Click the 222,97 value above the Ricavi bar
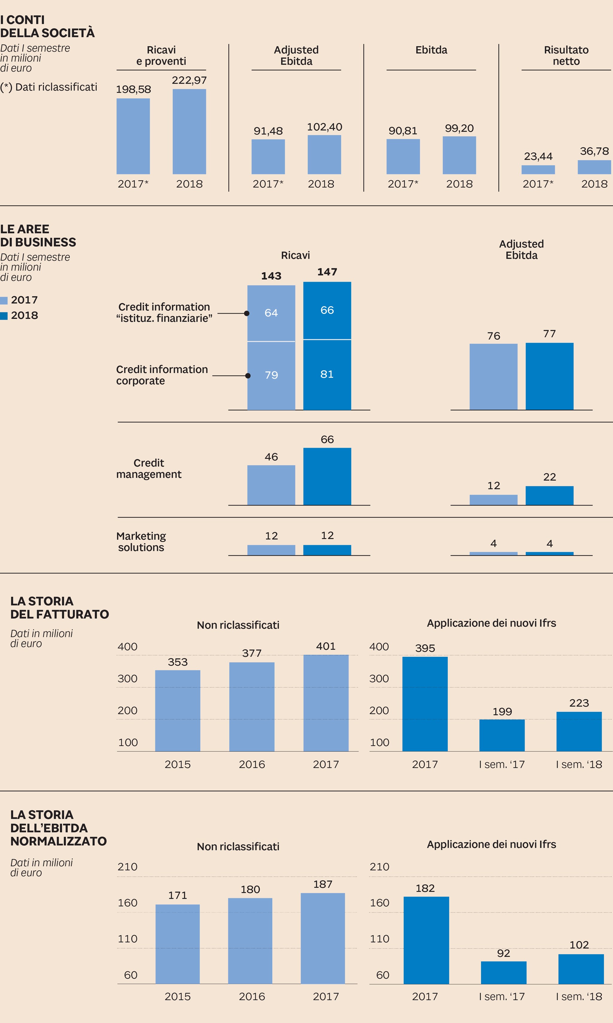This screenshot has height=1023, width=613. tap(189, 80)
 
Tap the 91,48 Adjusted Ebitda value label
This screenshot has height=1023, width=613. tap(268, 131)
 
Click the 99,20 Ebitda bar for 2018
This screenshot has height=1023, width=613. tap(459, 155)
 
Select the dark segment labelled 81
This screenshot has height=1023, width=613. tap(327, 374)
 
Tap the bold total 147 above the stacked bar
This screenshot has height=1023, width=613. tap(327, 272)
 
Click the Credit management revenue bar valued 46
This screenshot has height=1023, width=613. tap(271, 485)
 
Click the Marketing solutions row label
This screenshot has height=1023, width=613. tap(141, 542)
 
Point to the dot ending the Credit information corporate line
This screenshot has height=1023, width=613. tap(248, 376)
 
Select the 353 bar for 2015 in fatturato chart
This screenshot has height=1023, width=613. tap(177, 711)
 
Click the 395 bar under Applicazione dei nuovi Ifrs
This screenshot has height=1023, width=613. tap(425, 704)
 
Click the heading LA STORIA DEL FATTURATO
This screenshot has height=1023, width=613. tap(60, 608)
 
